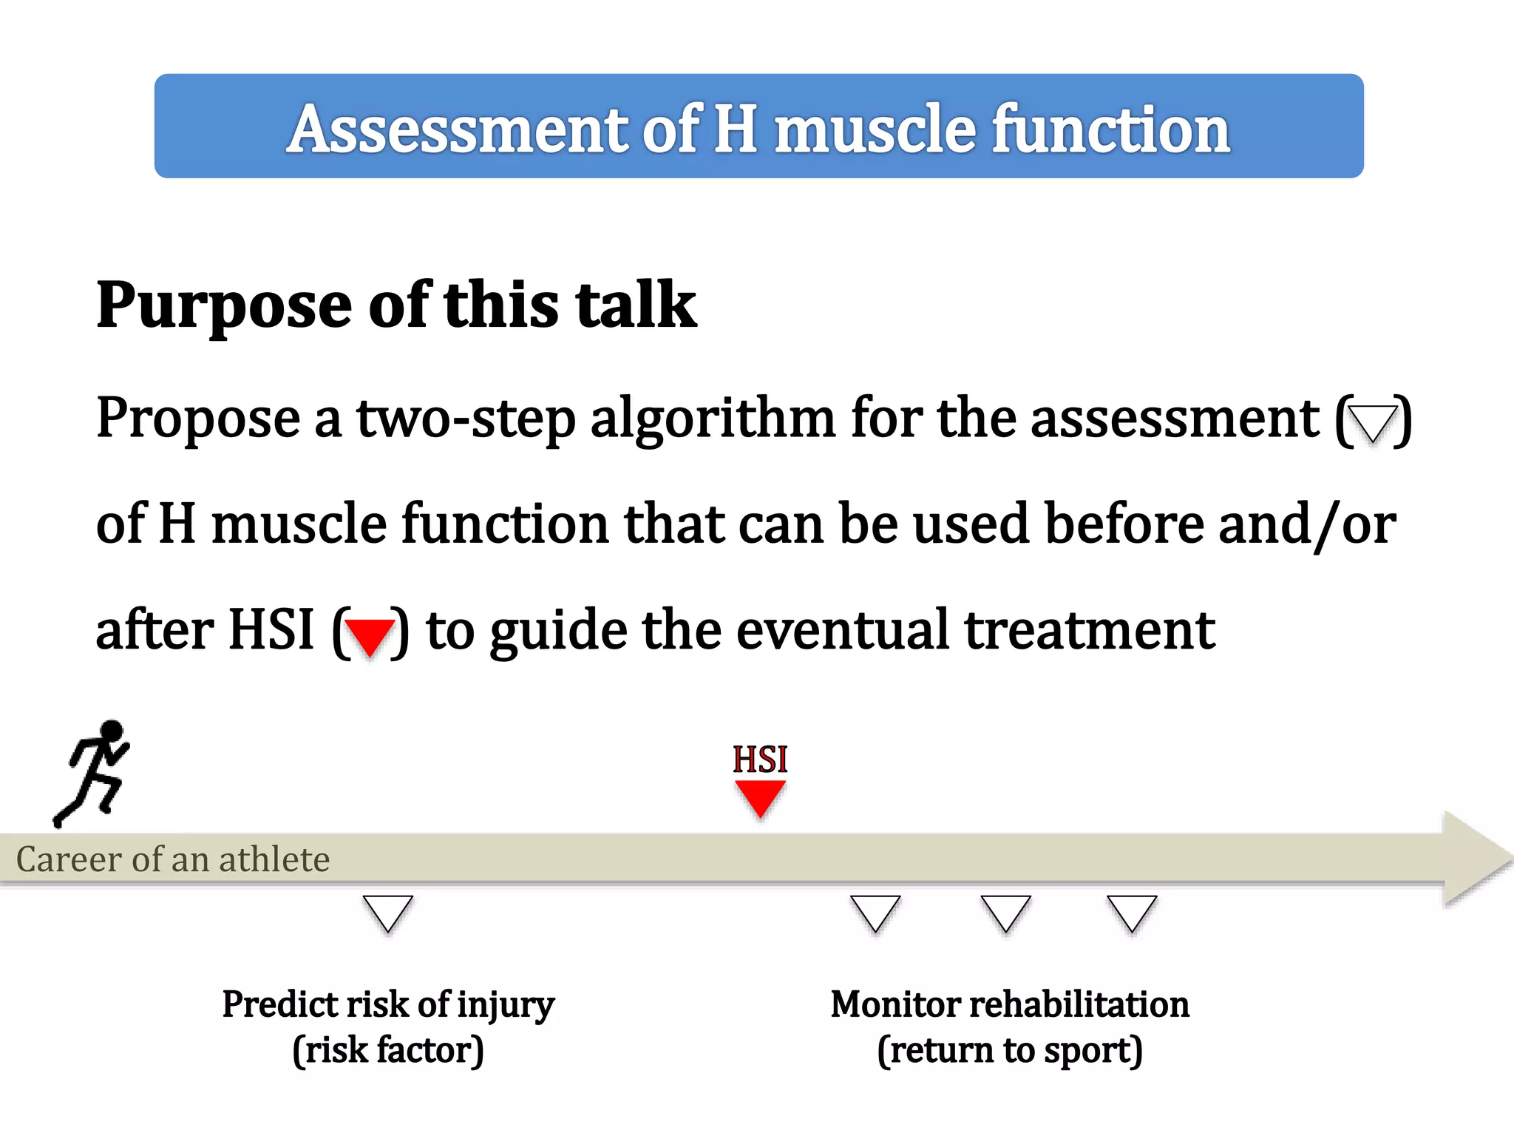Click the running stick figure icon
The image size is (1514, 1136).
point(92,773)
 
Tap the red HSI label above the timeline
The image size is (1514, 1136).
point(760,760)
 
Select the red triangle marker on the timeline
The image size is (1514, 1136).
point(760,797)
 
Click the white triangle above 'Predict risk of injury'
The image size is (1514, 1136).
point(387,912)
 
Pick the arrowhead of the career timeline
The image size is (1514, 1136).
point(1475,859)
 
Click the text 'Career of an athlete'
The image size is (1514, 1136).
point(173,859)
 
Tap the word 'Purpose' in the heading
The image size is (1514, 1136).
point(224,306)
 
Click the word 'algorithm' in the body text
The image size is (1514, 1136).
point(713,419)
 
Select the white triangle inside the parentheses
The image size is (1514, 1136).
point(1373,422)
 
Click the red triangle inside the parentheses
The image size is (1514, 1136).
point(370,635)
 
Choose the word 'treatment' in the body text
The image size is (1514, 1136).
point(1090,630)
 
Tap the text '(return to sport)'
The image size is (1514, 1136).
point(1010,1050)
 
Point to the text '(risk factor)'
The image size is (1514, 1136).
point(388,1050)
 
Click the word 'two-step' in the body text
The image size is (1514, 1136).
point(466,419)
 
